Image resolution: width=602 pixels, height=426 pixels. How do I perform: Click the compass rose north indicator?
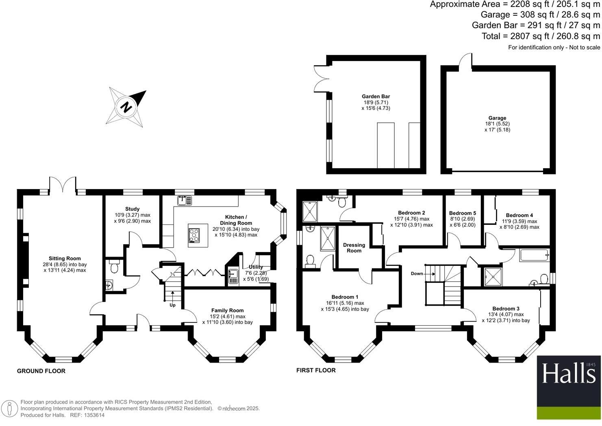126,107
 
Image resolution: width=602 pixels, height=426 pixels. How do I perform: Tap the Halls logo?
568,374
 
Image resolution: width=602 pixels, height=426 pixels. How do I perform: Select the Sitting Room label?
65,259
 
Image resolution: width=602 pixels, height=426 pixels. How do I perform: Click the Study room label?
132,209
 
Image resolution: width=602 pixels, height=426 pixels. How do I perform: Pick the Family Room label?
227,311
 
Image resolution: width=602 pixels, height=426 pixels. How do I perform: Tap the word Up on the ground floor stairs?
173,305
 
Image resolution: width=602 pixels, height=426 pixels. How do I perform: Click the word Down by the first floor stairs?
417,274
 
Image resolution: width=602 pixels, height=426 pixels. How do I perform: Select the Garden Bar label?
376,97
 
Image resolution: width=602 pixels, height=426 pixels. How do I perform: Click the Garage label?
497,118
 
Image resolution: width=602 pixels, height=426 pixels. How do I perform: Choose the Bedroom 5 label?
462,213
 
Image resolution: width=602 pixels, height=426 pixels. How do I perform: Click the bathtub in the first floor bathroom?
534,255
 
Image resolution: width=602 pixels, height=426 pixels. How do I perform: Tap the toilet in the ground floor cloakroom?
114,267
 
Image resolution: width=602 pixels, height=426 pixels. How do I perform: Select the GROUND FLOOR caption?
41,371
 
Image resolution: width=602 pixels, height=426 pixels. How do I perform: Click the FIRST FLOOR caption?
316,370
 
